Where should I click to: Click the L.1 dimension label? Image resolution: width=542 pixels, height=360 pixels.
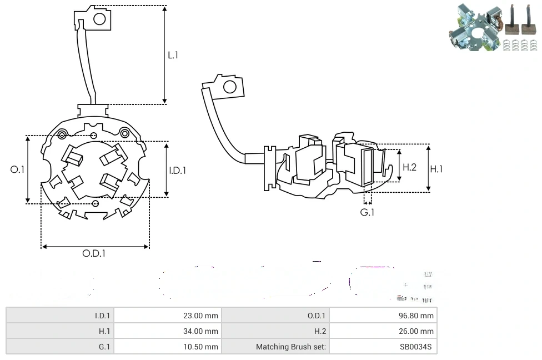(173, 55)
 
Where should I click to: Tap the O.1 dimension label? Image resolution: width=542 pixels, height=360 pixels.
(18, 169)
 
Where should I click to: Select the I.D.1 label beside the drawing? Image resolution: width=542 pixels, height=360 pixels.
(178, 171)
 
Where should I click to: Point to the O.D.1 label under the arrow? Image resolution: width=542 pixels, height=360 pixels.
(94, 253)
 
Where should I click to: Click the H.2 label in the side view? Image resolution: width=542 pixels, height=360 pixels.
(409, 167)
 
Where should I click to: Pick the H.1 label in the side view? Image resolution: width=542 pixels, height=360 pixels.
(436, 169)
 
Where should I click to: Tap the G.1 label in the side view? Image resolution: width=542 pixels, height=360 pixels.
(367, 212)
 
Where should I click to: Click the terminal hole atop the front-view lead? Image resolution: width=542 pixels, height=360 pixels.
(99, 19)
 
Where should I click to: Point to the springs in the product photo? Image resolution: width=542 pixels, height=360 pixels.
(520, 45)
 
